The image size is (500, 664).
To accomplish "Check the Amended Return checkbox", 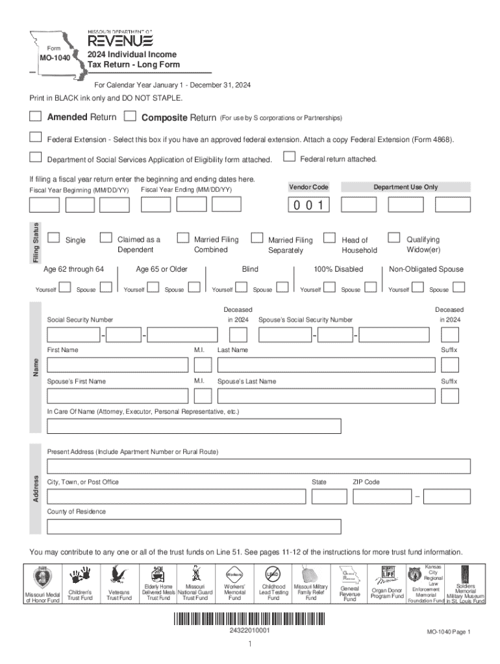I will point(35,117).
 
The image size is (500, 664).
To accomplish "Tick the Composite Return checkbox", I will point(130,117).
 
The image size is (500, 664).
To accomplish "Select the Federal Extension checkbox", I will point(35,137).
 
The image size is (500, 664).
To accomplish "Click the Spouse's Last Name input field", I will point(326,396).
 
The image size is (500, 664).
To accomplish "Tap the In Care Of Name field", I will point(194,426).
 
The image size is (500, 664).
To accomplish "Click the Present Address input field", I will point(258,466).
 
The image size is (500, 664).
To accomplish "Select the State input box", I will point(328,497).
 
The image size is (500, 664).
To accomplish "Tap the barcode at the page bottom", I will point(249,618).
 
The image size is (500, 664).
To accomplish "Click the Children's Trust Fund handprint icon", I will point(80,576).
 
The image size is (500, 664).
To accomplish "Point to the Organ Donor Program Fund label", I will point(387,593).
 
